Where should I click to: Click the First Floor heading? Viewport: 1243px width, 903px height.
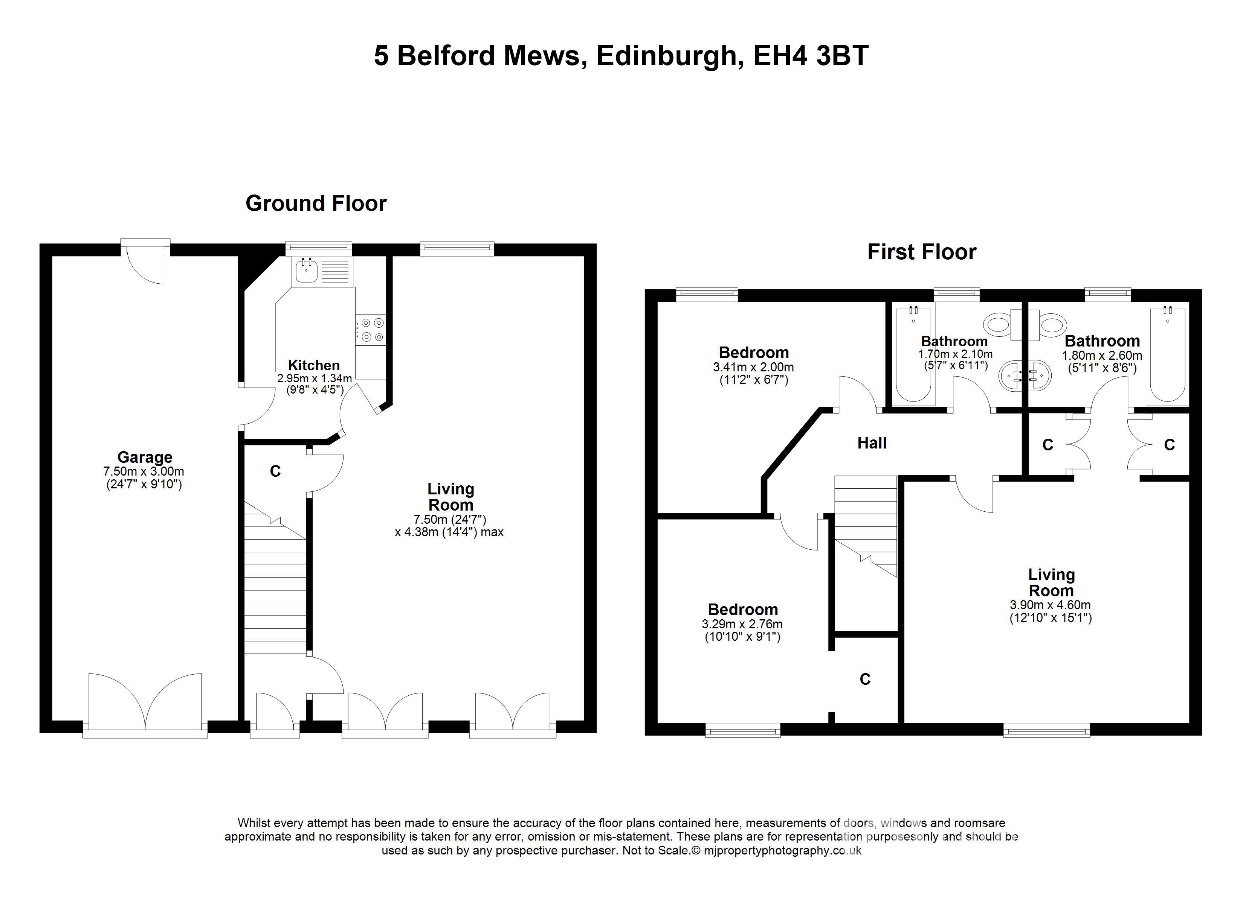click(921, 252)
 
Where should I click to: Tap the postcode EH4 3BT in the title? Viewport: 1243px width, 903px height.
click(811, 55)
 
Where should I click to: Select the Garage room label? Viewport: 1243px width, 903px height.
click(145, 457)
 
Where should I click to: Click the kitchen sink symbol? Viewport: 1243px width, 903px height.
click(306, 271)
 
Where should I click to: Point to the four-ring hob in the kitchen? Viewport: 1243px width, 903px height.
click(371, 330)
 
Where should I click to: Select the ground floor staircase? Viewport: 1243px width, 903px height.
click(275, 591)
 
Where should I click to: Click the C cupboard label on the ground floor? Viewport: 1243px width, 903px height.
click(275, 471)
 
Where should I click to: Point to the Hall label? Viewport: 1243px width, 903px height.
click(871, 442)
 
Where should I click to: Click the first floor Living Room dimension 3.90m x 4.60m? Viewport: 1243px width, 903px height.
click(1050, 605)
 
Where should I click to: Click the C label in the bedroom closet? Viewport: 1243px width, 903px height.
click(865, 679)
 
